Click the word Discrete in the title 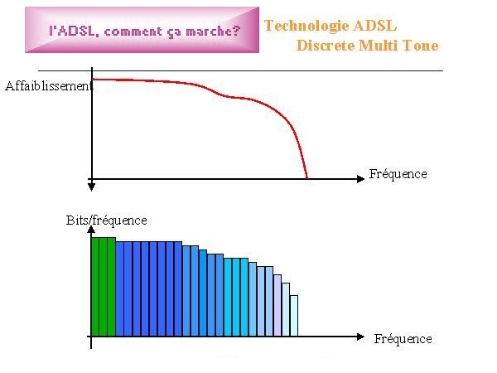point(326,46)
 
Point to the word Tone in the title point(421,46)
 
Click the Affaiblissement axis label point(49,86)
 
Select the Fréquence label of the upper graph point(398,174)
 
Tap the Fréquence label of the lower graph point(403,339)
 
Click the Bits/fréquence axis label point(107,220)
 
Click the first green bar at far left point(95,287)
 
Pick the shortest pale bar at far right point(294,316)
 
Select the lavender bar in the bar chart point(277,305)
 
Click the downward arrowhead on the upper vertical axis point(92,186)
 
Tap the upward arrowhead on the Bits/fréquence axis point(91,230)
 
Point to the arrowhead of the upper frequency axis point(360,179)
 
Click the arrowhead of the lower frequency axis point(360,337)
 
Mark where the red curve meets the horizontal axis point(306,178)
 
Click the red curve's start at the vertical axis point(93,80)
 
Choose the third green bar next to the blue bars point(112,287)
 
